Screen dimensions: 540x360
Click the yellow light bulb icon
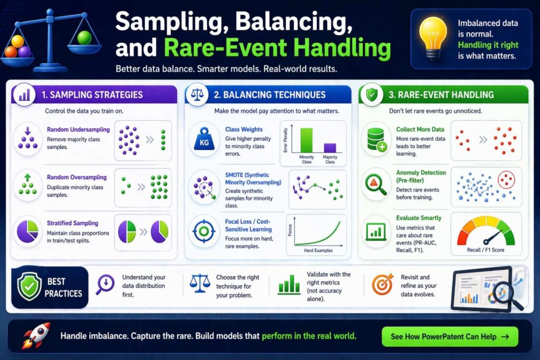pos(433,38)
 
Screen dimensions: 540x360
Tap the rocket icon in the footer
pos(36,335)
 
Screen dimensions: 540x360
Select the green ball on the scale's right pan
pos(84,38)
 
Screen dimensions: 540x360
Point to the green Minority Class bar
pos(306,140)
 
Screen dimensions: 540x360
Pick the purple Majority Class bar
pos(330,148)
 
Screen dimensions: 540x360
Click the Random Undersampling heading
pos(78,130)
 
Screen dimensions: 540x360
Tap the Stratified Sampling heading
pos(72,223)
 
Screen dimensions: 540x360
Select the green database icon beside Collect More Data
pos(375,139)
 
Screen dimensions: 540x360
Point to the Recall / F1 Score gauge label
pos(486,250)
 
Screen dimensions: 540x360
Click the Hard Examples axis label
pos(318,250)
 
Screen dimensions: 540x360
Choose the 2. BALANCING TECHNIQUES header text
pos(269,95)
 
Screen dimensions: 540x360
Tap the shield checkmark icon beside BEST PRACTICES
pos(30,286)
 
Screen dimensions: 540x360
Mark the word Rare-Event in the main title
pos(226,47)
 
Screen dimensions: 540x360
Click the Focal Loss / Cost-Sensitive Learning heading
pos(248,226)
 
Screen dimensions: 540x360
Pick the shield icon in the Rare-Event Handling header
pos(372,94)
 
